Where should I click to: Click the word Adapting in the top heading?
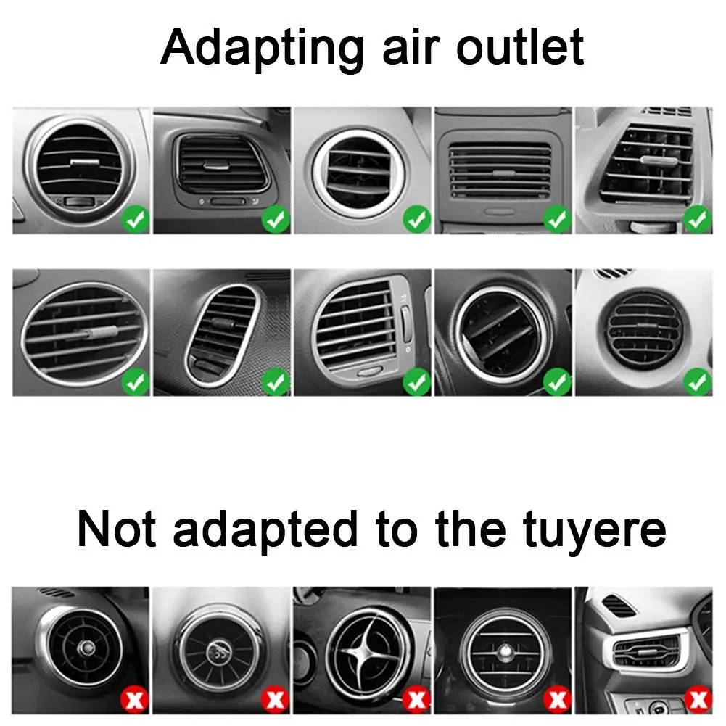click(x=262, y=49)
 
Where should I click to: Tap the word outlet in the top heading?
click(x=520, y=46)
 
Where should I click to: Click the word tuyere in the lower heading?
click(x=594, y=531)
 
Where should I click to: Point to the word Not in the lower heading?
click(x=116, y=528)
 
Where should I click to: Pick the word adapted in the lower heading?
click(x=265, y=531)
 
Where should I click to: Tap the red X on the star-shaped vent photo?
click(x=416, y=699)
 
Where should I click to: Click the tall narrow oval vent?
click(x=222, y=335)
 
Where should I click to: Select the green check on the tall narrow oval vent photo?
click(x=276, y=382)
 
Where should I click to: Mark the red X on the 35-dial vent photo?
click(x=275, y=699)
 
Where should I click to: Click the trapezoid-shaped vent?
click(x=647, y=162)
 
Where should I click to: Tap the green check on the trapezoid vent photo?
click(x=698, y=220)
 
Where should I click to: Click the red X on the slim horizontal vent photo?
click(x=698, y=699)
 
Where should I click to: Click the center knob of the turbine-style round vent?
click(x=86, y=648)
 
